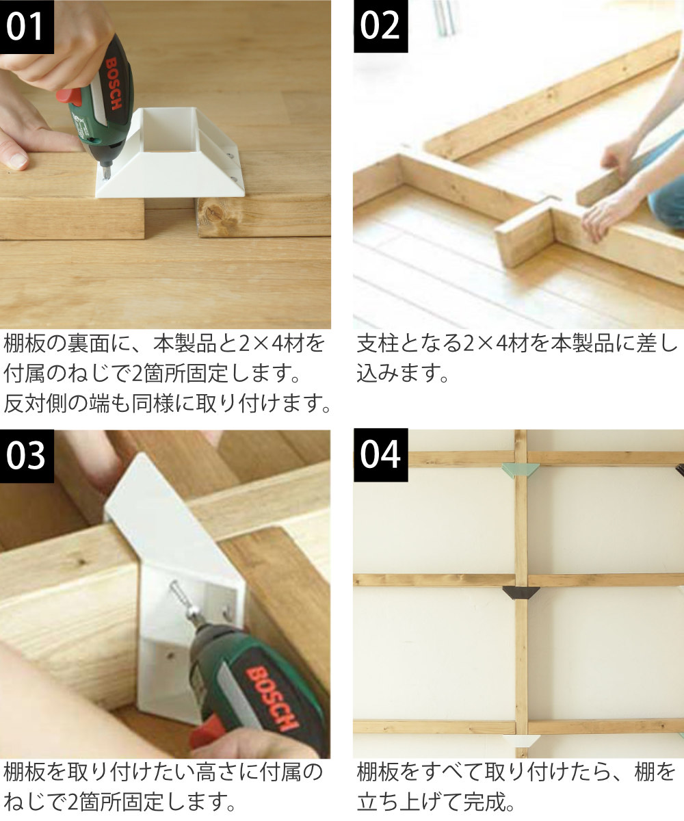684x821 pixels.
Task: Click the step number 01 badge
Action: click(27, 27)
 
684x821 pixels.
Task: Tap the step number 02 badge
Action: click(380, 26)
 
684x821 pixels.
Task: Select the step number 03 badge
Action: click(27, 456)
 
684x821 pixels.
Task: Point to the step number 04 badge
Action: click(380, 456)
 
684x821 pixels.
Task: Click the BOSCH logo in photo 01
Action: click(113, 83)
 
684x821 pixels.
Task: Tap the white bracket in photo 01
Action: click(170, 153)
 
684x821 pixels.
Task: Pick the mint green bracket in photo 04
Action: click(521, 470)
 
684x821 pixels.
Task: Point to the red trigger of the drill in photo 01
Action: click(70, 96)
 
